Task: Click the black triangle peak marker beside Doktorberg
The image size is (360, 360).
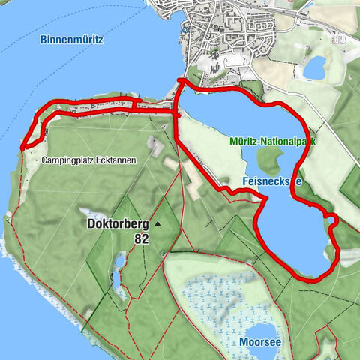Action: [158, 223]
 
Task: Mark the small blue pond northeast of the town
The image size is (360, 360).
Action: [315, 67]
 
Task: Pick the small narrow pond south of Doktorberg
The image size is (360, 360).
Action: [119, 262]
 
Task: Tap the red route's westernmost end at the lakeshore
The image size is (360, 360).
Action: [23, 145]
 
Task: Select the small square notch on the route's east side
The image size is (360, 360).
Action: [330, 218]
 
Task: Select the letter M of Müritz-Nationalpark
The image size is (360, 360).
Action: [232, 140]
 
